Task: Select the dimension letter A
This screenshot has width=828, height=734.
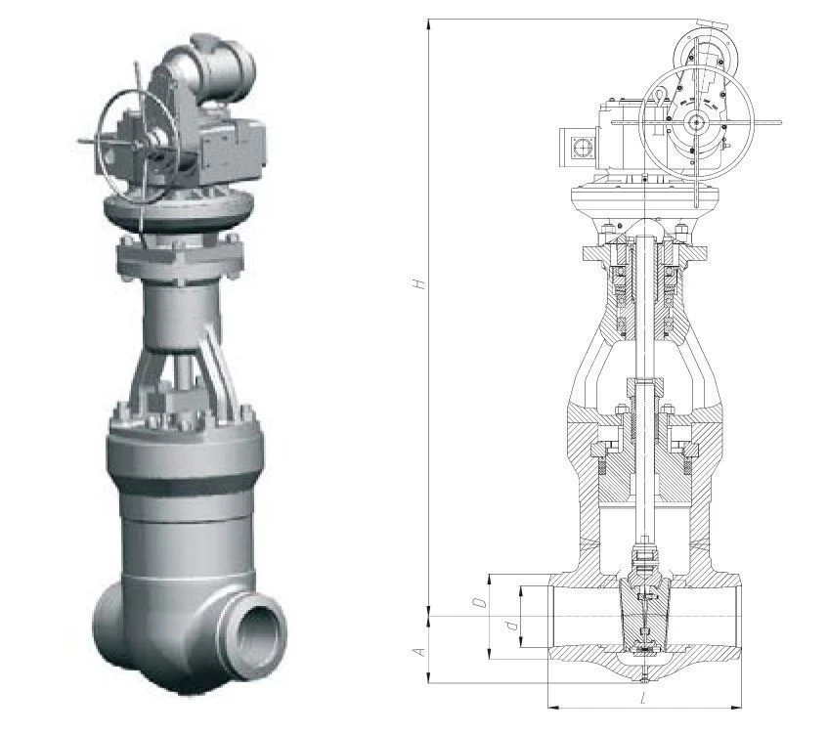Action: (420, 652)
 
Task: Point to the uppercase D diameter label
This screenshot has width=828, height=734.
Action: (480, 602)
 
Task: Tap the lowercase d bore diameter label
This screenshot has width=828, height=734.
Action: (510, 626)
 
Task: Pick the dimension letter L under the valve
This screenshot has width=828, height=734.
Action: (642, 700)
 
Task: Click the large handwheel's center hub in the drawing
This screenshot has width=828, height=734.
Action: (696, 123)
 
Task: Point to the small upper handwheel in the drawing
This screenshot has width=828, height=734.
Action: (707, 52)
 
